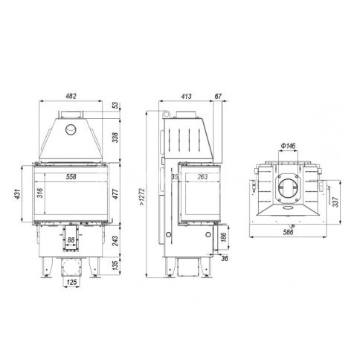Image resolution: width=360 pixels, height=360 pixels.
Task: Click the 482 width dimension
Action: (x=71, y=96)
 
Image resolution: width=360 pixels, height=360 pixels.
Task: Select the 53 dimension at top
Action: (x=115, y=105)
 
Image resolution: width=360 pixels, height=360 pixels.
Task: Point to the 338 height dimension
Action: (x=115, y=138)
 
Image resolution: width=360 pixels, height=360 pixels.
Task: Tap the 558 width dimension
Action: (x=71, y=177)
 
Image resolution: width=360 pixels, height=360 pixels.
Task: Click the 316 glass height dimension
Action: (x=40, y=193)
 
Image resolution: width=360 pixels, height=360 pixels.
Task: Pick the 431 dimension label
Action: (x=17, y=194)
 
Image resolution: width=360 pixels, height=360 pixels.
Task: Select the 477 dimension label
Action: (x=115, y=194)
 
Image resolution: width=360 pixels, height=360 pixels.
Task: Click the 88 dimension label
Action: (x=71, y=240)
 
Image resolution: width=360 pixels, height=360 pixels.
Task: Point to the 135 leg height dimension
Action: (x=115, y=266)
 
